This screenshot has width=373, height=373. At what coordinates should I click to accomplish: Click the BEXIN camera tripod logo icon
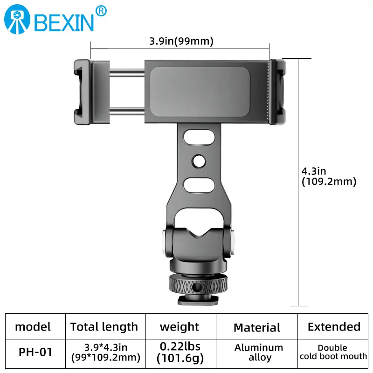point(17,19)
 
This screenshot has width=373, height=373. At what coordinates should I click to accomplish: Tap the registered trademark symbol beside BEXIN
point(101,11)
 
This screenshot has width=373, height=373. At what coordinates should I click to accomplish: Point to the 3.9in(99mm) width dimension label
point(181,41)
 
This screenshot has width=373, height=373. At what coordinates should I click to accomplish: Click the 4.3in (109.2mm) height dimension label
point(329,176)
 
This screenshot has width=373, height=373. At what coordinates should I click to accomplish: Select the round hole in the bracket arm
point(199,161)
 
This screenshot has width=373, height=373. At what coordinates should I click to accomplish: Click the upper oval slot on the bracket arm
point(199,137)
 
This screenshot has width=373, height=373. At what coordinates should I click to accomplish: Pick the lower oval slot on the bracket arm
point(199,185)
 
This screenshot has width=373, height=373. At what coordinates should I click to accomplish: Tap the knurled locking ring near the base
point(198,284)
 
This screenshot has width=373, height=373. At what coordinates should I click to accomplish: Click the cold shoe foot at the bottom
point(198,300)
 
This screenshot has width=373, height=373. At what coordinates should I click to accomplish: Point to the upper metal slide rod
point(127,72)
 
